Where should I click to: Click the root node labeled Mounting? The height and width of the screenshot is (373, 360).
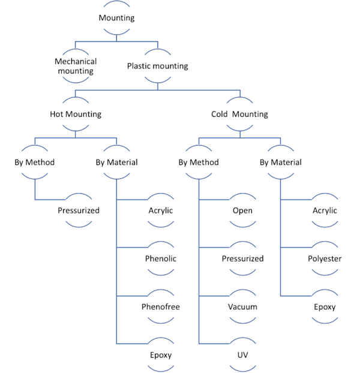pyautogui.click(x=116, y=18)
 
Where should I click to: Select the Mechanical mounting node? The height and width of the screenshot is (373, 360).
pyautogui.click(x=76, y=66)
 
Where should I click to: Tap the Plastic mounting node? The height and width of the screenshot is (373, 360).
pyautogui.click(x=157, y=66)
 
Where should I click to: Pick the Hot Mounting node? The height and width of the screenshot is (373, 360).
pyautogui.click(x=76, y=114)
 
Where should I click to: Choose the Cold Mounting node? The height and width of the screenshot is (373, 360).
pyautogui.click(x=239, y=114)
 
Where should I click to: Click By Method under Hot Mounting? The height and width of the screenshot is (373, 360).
pyautogui.click(x=35, y=162)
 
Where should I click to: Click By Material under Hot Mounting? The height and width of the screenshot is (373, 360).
pyautogui.click(x=116, y=162)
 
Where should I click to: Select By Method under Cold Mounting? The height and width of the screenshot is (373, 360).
pyautogui.click(x=199, y=162)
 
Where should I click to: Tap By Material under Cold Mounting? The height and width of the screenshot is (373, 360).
pyautogui.click(x=280, y=162)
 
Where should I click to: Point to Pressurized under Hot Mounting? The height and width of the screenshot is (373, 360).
pyautogui.click(x=79, y=210)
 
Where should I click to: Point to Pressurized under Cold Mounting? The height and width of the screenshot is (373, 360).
pyautogui.click(x=242, y=258)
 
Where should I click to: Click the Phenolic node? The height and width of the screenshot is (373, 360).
pyautogui.click(x=161, y=258)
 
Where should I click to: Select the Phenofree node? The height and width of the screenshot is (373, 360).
pyautogui.click(x=161, y=306)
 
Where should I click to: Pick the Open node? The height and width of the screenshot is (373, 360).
pyautogui.click(x=242, y=210)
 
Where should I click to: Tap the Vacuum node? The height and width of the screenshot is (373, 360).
pyautogui.click(x=242, y=306)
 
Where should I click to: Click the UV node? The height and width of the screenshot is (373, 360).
pyautogui.click(x=242, y=354)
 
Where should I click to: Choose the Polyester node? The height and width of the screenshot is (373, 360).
pyautogui.click(x=325, y=258)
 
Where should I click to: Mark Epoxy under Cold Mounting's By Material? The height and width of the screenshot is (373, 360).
pyautogui.click(x=325, y=306)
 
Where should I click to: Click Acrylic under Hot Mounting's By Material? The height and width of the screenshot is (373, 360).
pyautogui.click(x=161, y=210)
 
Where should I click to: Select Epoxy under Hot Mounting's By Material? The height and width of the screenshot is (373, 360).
pyautogui.click(x=161, y=354)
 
